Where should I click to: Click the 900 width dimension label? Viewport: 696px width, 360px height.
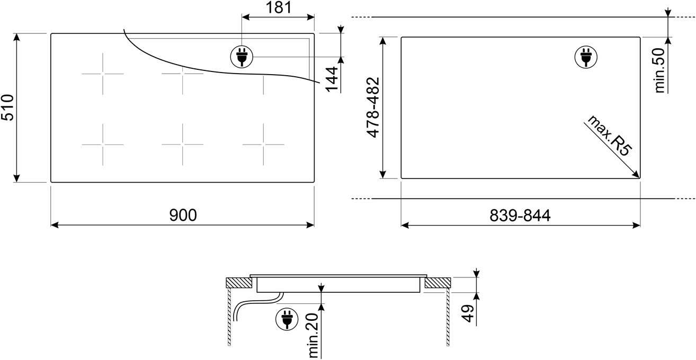point(183,215)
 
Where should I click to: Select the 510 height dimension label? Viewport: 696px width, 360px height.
point(7,107)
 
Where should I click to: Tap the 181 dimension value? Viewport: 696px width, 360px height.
point(279,7)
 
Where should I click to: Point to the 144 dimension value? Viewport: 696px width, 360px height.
point(332,79)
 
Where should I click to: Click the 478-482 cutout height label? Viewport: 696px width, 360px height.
point(373,107)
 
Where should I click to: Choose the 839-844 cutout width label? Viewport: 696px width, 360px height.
point(520,215)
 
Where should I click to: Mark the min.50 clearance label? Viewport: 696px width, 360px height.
point(659,70)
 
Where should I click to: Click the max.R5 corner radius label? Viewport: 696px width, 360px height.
point(609,136)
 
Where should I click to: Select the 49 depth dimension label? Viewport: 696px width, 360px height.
point(468,313)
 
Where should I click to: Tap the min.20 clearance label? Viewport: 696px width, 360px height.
point(314,336)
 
